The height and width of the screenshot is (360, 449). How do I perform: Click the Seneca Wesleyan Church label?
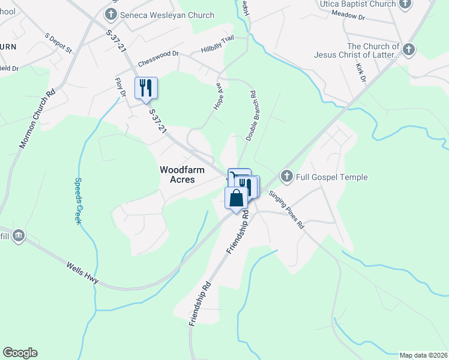(167, 15)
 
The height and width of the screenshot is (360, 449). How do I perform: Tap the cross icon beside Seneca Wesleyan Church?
(111, 14)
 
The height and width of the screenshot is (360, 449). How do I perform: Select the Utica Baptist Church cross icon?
(406, 4)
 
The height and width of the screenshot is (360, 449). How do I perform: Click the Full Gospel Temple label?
(333, 177)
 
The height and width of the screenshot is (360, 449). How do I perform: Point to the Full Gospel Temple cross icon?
(287, 177)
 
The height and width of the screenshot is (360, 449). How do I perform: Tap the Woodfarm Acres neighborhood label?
(182, 175)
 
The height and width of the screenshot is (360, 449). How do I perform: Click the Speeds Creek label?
(78, 201)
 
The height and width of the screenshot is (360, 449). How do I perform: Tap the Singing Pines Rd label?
(286, 210)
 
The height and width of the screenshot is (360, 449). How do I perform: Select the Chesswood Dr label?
(158, 58)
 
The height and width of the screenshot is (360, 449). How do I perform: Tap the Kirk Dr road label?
(360, 73)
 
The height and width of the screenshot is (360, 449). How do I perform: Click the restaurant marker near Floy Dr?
(146, 88)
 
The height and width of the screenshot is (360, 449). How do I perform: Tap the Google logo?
(20, 353)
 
